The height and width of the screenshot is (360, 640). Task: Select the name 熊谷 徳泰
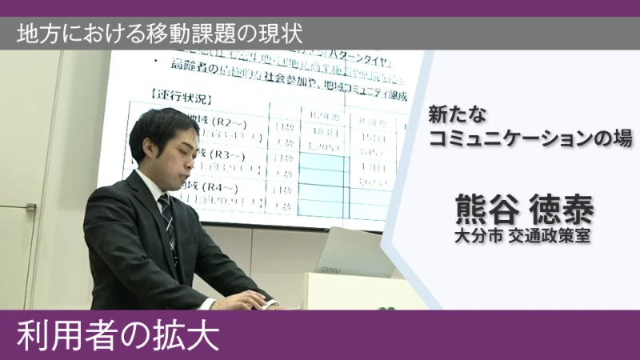pos(523,210)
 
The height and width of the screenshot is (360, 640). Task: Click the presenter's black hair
pos(160,124)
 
